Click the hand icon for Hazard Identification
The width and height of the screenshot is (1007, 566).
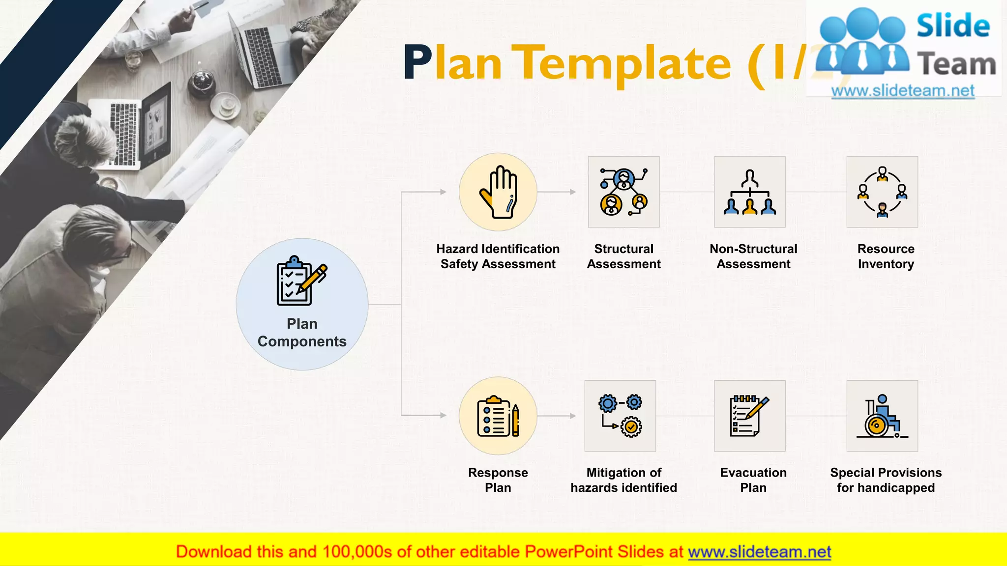tap(498, 192)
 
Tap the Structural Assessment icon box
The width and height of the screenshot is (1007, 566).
tap(623, 192)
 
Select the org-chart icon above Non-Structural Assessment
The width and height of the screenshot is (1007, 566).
tap(749, 192)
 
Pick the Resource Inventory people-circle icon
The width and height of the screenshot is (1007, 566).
tap(882, 192)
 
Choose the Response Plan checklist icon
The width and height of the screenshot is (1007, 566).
tap(498, 416)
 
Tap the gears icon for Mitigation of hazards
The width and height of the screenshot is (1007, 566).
tap(620, 416)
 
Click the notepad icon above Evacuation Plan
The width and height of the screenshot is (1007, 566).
tap(749, 416)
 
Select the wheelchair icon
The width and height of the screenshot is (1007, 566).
tap(882, 416)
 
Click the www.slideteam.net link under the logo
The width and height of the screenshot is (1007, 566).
tap(903, 91)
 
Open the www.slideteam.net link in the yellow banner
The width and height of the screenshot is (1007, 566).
tap(759, 552)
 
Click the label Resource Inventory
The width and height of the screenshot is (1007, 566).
tap(886, 256)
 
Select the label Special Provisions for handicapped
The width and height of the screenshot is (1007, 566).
tap(886, 480)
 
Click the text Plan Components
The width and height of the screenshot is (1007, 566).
tap(302, 333)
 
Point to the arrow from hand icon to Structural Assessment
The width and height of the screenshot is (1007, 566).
tap(557, 192)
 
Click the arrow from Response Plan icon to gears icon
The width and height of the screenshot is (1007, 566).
tap(557, 416)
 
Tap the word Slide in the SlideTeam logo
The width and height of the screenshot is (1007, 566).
tap(952, 26)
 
